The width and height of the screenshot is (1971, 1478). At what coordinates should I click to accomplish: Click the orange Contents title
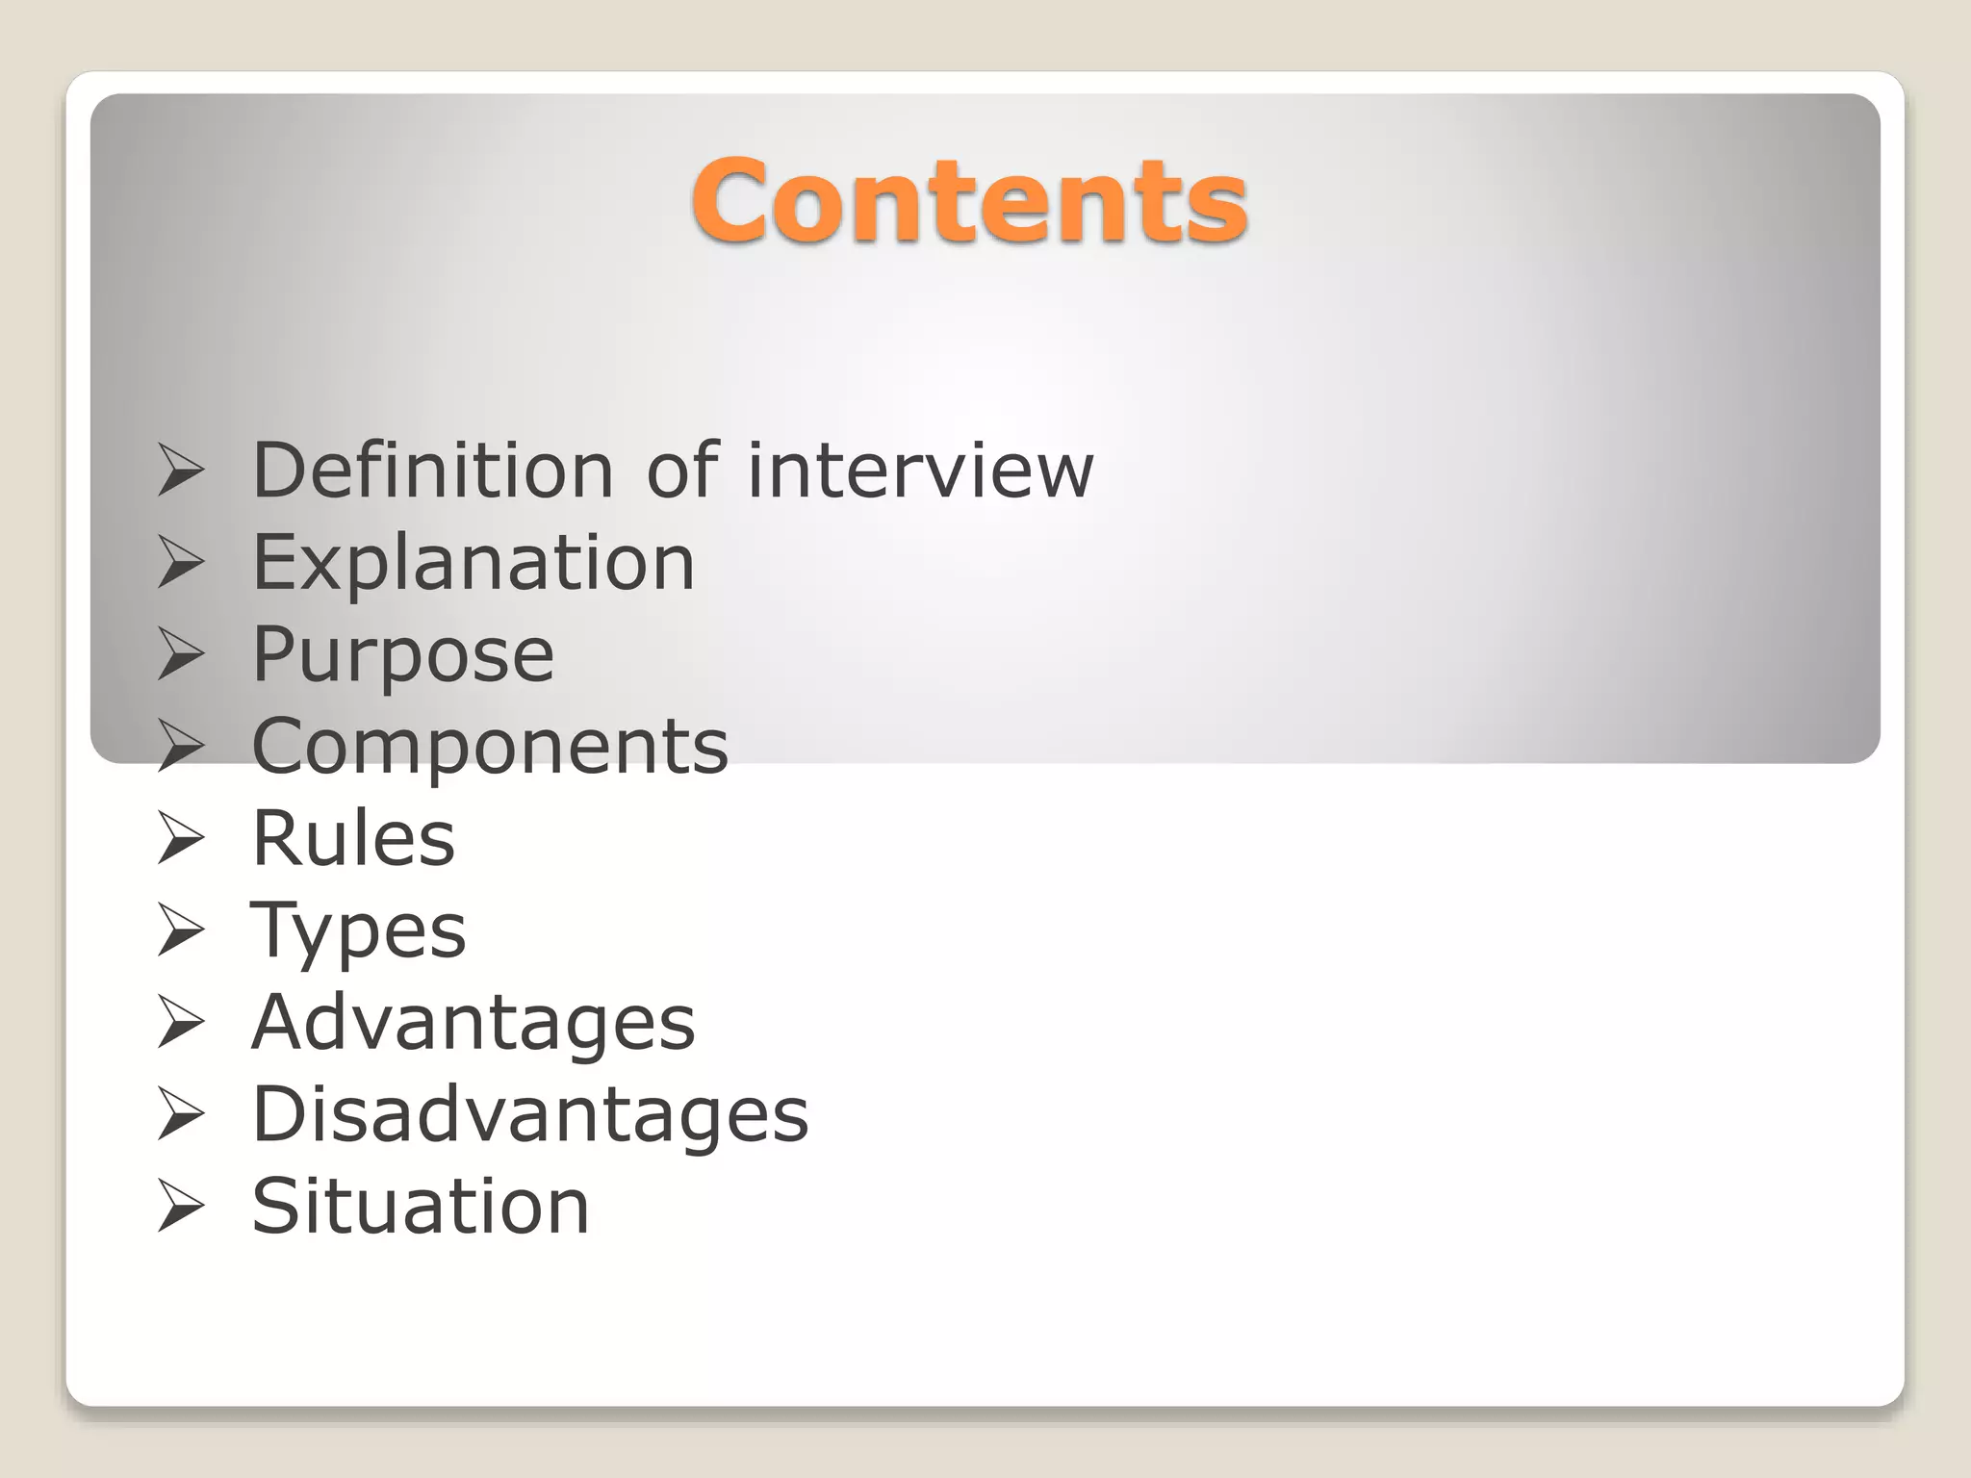(969, 201)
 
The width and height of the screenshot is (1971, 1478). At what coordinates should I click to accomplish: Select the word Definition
(432, 471)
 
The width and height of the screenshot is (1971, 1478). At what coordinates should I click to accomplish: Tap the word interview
(920, 471)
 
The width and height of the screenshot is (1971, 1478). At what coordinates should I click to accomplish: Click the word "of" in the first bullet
(681, 471)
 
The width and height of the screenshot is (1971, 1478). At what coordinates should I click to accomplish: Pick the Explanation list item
(473, 563)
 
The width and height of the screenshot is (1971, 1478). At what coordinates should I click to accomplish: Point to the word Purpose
(402, 655)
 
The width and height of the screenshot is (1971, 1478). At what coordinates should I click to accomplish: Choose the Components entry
(490, 747)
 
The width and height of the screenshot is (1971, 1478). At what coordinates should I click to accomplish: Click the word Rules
(353, 838)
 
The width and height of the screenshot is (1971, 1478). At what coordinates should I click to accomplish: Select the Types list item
(358, 931)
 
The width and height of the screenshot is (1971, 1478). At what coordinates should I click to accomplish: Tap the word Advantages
(473, 1023)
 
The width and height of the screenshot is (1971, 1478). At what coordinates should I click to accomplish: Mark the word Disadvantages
(530, 1115)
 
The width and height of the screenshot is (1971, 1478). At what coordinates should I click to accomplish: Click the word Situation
(421, 1207)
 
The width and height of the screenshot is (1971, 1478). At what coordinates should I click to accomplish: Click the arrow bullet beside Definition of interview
(181, 471)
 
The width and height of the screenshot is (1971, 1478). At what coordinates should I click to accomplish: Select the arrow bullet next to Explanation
(181, 564)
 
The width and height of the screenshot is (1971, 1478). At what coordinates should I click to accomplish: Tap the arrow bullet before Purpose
(181, 655)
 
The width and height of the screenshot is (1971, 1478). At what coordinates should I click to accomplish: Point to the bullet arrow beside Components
(181, 748)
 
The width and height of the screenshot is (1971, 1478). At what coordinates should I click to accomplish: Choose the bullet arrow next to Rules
(181, 839)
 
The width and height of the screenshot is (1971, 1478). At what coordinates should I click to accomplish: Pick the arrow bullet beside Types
(181, 931)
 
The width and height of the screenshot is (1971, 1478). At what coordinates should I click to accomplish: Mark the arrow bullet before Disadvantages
(181, 1115)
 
